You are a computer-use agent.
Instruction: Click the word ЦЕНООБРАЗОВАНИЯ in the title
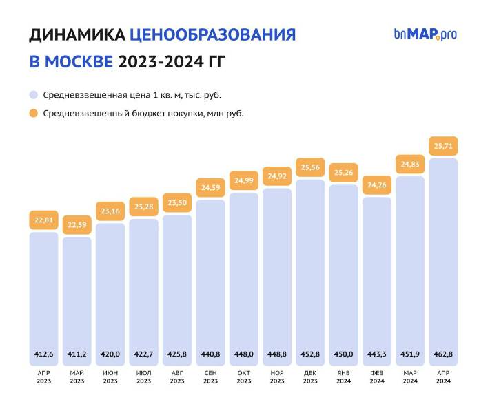pos(212,35)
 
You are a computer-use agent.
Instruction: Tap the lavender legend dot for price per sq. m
pos(33,94)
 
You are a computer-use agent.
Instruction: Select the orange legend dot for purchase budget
pos(33,114)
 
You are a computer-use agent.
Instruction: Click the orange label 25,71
pos(443,146)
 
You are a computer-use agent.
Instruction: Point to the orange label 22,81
pos(43,220)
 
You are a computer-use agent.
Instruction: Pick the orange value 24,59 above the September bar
pos(210,188)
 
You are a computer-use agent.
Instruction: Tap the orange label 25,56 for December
pos(310,167)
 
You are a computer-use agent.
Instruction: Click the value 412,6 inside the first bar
pos(43,354)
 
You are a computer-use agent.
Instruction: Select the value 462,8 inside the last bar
pos(443,354)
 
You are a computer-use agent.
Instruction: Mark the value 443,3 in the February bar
pos(376,354)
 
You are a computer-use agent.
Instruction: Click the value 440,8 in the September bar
pos(210,354)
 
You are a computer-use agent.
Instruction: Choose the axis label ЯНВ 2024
pos(343,377)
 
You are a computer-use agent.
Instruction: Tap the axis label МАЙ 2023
pos(77,377)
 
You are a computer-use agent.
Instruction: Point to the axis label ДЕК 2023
pos(310,377)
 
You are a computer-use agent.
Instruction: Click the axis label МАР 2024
pos(410,377)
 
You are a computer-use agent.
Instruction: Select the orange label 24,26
pos(376,185)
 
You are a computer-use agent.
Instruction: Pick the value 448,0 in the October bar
pos(243,354)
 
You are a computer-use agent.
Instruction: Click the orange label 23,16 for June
pos(110,211)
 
